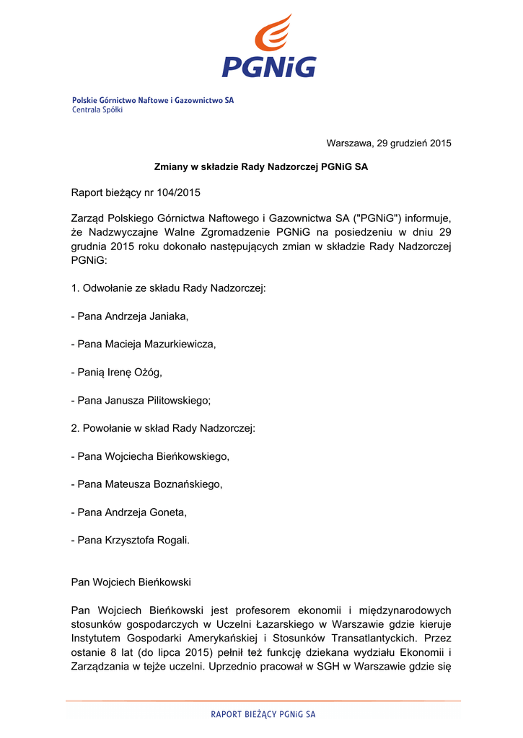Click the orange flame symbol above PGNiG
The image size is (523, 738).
point(273,32)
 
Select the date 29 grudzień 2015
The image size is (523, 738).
point(414,143)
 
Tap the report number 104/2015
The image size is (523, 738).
point(176,192)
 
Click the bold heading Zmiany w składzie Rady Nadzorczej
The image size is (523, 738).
point(261,167)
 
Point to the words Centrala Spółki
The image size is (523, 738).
point(97,110)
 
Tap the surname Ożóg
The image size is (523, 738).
point(146,372)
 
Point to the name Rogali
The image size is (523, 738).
point(172,541)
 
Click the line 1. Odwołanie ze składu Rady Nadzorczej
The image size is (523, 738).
point(168,288)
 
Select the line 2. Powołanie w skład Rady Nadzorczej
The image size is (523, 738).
point(163,428)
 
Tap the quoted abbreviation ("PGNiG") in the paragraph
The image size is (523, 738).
point(378,218)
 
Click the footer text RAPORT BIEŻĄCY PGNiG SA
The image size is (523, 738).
point(263,714)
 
